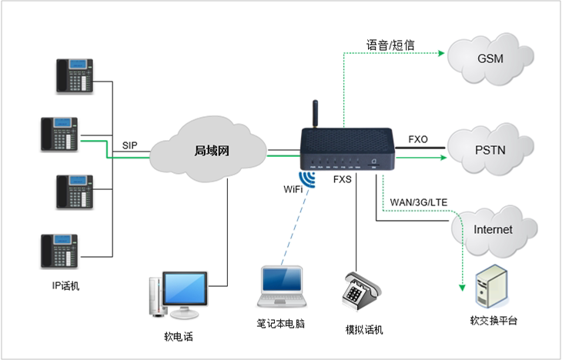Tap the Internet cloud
[x=492, y=229]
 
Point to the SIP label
[x=130, y=145]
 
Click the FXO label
[x=419, y=140]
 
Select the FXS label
[x=343, y=179]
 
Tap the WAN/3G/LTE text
[x=419, y=202]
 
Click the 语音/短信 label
[x=390, y=45]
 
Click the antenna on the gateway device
[x=314, y=115]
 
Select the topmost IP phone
[x=74, y=75]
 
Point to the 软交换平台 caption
[x=493, y=320]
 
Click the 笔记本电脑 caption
[x=282, y=324]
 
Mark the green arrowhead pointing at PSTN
[x=442, y=157]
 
